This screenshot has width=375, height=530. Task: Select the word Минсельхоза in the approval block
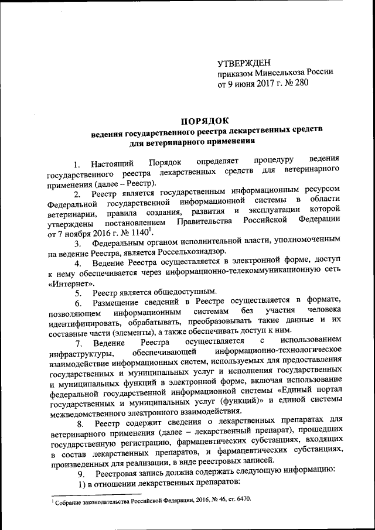tap(277, 73)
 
